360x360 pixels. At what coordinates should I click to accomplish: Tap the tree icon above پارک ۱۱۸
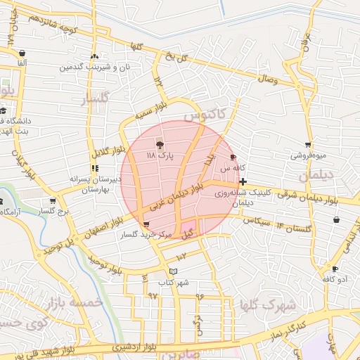point(160,143)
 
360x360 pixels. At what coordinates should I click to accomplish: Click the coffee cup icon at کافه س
point(233,157)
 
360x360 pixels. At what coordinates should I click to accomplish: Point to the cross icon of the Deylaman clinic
point(243,181)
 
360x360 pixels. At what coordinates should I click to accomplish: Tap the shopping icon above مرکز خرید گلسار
point(146,224)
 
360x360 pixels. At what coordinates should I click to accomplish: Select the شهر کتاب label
point(174,282)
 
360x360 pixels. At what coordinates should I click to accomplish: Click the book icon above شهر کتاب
point(174,271)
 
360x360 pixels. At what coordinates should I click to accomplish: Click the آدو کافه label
point(336,279)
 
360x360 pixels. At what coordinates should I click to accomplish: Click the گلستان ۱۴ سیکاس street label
point(278,225)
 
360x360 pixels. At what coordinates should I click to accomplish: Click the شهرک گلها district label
point(267,306)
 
